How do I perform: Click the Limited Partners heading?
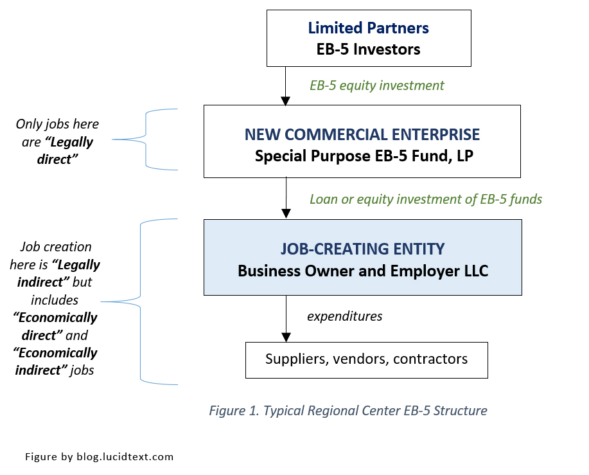pos(368,28)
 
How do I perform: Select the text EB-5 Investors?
pos(368,49)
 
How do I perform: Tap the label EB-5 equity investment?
pos(376,85)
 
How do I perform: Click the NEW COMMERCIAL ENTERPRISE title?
pos(362,134)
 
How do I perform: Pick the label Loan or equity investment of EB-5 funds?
pos(426,199)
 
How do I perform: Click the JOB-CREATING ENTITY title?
pos(362,249)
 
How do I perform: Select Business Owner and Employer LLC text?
pos(362,271)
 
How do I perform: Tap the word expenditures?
pos(344,316)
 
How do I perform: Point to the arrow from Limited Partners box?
pos(286,86)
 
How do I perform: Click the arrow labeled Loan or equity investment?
pos(286,199)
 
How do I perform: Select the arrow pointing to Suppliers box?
pos(286,319)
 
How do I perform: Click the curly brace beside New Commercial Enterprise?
pos(146,139)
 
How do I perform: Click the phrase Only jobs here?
pos(58,124)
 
